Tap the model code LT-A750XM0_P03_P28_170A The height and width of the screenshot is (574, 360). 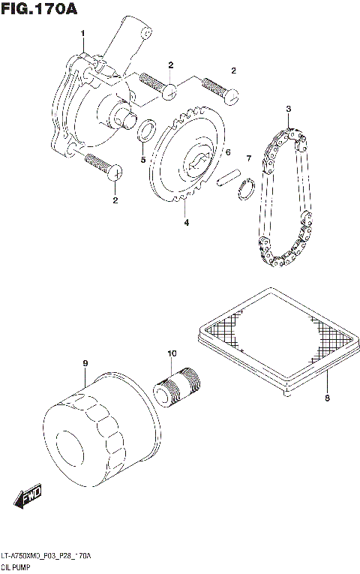point(46,555)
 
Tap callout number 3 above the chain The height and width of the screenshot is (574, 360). point(287,110)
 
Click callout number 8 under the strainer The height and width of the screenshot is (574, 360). point(327,398)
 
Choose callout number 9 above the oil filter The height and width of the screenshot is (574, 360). point(85,364)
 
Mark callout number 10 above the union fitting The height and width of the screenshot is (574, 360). point(171,353)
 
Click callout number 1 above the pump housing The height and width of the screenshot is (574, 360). point(82,32)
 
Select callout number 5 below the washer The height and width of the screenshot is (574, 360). point(142,160)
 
